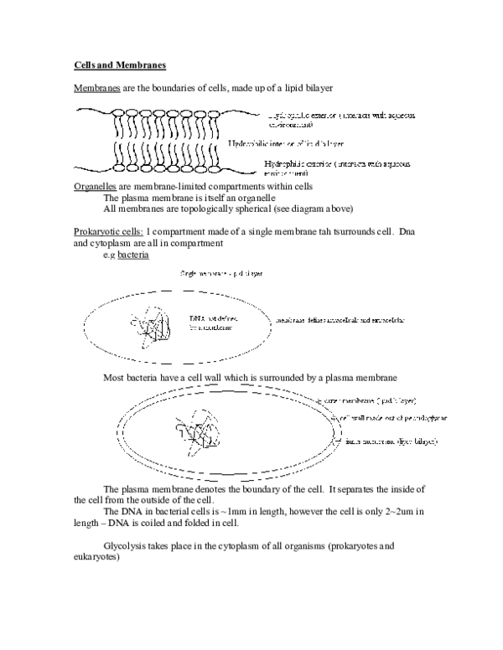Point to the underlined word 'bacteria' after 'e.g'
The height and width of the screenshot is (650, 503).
click(134, 254)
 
